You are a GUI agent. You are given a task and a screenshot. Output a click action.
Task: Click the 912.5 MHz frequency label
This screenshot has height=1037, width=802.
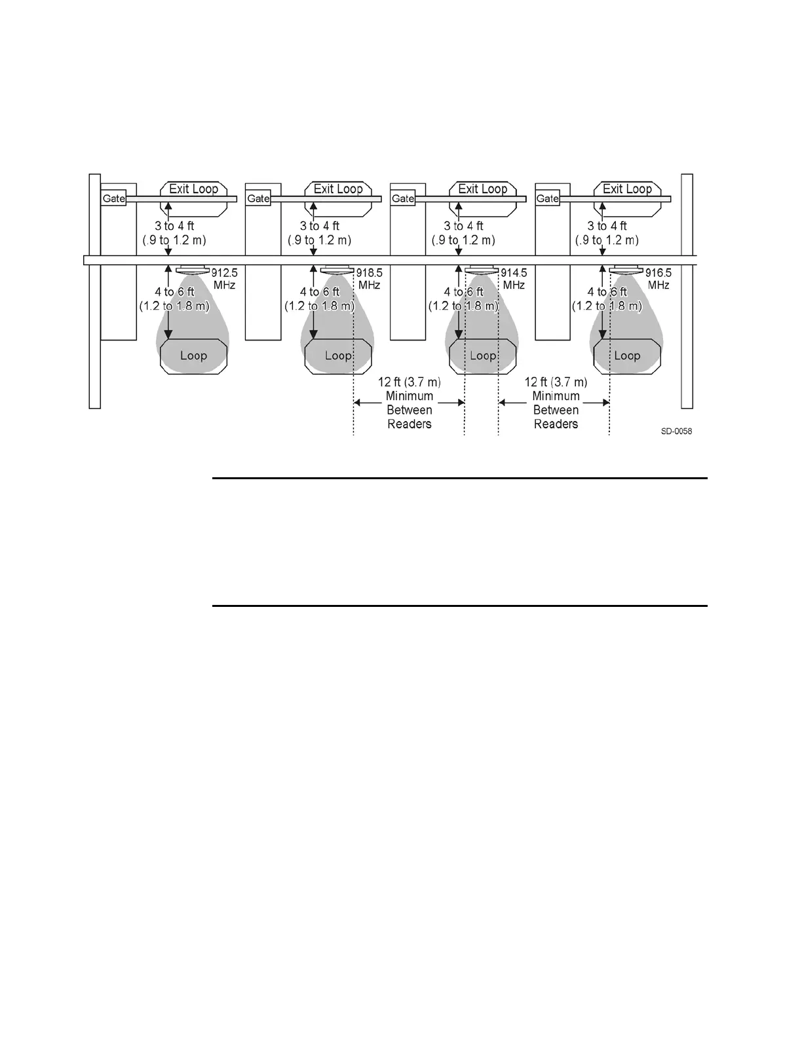pyautogui.click(x=224, y=279)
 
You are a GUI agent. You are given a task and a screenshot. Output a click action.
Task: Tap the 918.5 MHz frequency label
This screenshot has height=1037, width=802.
pyautogui.click(x=369, y=279)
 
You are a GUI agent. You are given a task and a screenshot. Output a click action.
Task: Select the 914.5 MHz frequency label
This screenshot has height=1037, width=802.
pyautogui.click(x=514, y=279)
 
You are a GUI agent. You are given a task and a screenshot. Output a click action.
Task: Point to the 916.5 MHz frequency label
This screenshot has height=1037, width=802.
pyautogui.click(x=659, y=279)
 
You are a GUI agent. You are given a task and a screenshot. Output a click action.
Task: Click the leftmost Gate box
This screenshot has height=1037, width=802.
pyautogui.click(x=113, y=198)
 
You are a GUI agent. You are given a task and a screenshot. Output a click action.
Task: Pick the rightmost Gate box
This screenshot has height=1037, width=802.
pyautogui.click(x=548, y=198)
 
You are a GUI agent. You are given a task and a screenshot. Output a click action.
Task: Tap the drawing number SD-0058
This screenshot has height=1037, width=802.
pyautogui.click(x=676, y=431)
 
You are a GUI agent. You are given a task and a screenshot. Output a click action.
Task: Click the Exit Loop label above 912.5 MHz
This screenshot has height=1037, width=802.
pyautogui.click(x=193, y=189)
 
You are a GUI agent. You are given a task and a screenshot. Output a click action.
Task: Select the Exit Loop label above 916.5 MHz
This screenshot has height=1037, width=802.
pyautogui.click(x=627, y=189)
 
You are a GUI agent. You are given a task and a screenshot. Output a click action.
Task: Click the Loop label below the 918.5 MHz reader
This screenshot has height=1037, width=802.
pyautogui.click(x=338, y=355)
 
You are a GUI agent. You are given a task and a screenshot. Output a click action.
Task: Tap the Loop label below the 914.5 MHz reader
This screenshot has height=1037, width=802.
pyautogui.click(x=483, y=355)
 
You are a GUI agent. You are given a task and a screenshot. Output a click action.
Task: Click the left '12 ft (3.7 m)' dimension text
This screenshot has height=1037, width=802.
pyautogui.click(x=410, y=382)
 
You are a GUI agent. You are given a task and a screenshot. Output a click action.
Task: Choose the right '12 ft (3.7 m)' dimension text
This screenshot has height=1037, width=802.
pyautogui.click(x=556, y=382)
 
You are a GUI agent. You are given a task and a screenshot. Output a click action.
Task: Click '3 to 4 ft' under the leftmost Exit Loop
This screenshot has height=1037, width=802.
pyautogui.click(x=174, y=227)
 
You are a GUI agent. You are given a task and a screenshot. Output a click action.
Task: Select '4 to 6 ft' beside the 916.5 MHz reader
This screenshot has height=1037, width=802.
pyautogui.click(x=607, y=292)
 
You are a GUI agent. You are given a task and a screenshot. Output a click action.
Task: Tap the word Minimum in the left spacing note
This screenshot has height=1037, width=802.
pyautogui.click(x=410, y=396)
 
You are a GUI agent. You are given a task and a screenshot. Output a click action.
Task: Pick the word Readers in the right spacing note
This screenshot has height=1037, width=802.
pyautogui.click(x=556, y=424)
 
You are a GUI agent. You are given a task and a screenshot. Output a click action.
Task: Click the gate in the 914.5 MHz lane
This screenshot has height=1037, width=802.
pyautogui.click(x=403, y=198)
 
